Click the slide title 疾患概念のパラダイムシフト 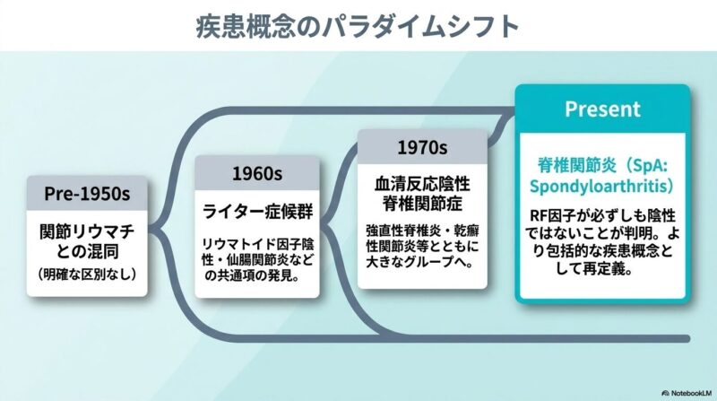click(357, 26)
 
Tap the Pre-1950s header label click(87, 193)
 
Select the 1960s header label click(257, 173)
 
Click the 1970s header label click(422, 147)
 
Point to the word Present click(602, 109)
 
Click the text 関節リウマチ click(87, 231)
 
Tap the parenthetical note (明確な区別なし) click(87, 274)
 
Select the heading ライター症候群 click(257, 212)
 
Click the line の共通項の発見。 click(252, 275)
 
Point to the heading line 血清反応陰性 click(422, 184)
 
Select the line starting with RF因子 click(602, 215)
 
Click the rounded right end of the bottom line click(687, 339)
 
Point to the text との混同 click(87, 251)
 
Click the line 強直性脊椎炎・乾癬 click(422, 231)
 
